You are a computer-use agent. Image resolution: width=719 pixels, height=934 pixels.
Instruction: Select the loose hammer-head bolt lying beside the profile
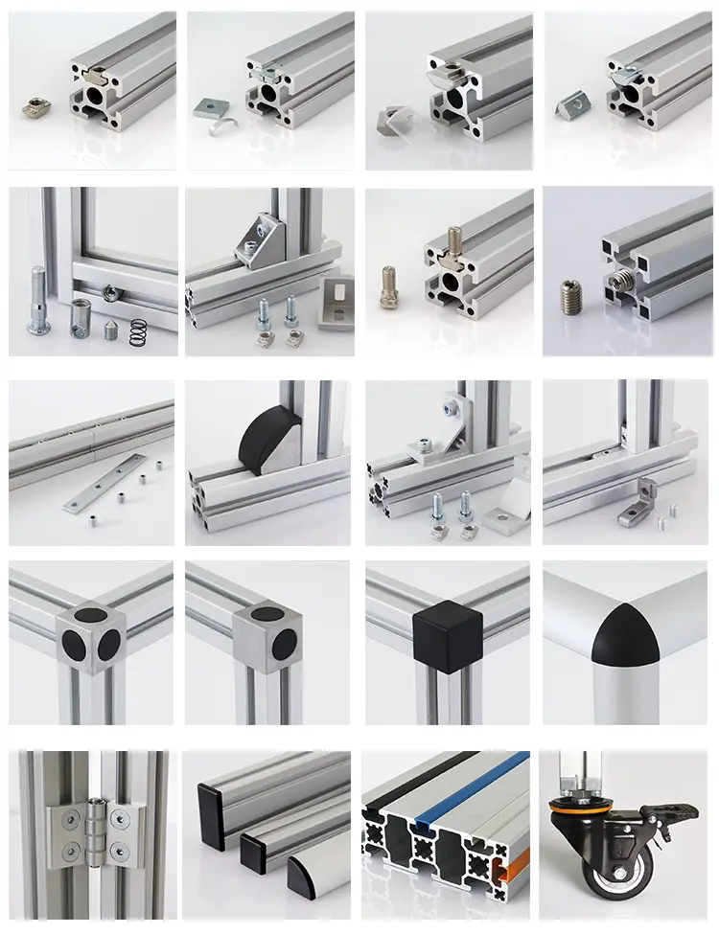click(x=389, y=286)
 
